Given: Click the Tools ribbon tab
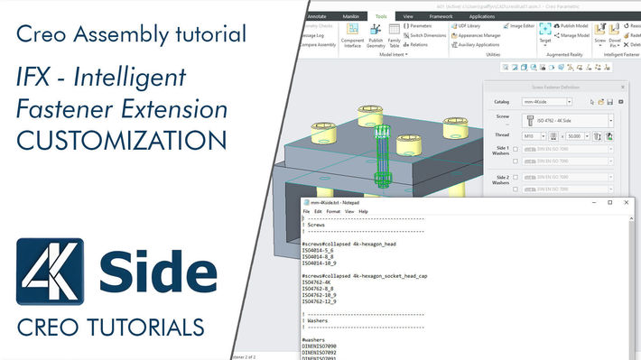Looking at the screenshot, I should pos(381,16).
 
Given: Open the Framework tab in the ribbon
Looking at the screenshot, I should pos(441,16).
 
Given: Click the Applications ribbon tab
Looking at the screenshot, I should pos(481,16).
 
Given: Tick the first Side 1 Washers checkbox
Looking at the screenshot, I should pos(515,151).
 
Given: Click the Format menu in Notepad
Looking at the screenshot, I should pos(333,211).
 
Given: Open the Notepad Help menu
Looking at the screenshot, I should pos(363,211).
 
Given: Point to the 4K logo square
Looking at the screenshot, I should pos(51,272).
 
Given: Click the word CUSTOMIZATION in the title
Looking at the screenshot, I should pos(120,141).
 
